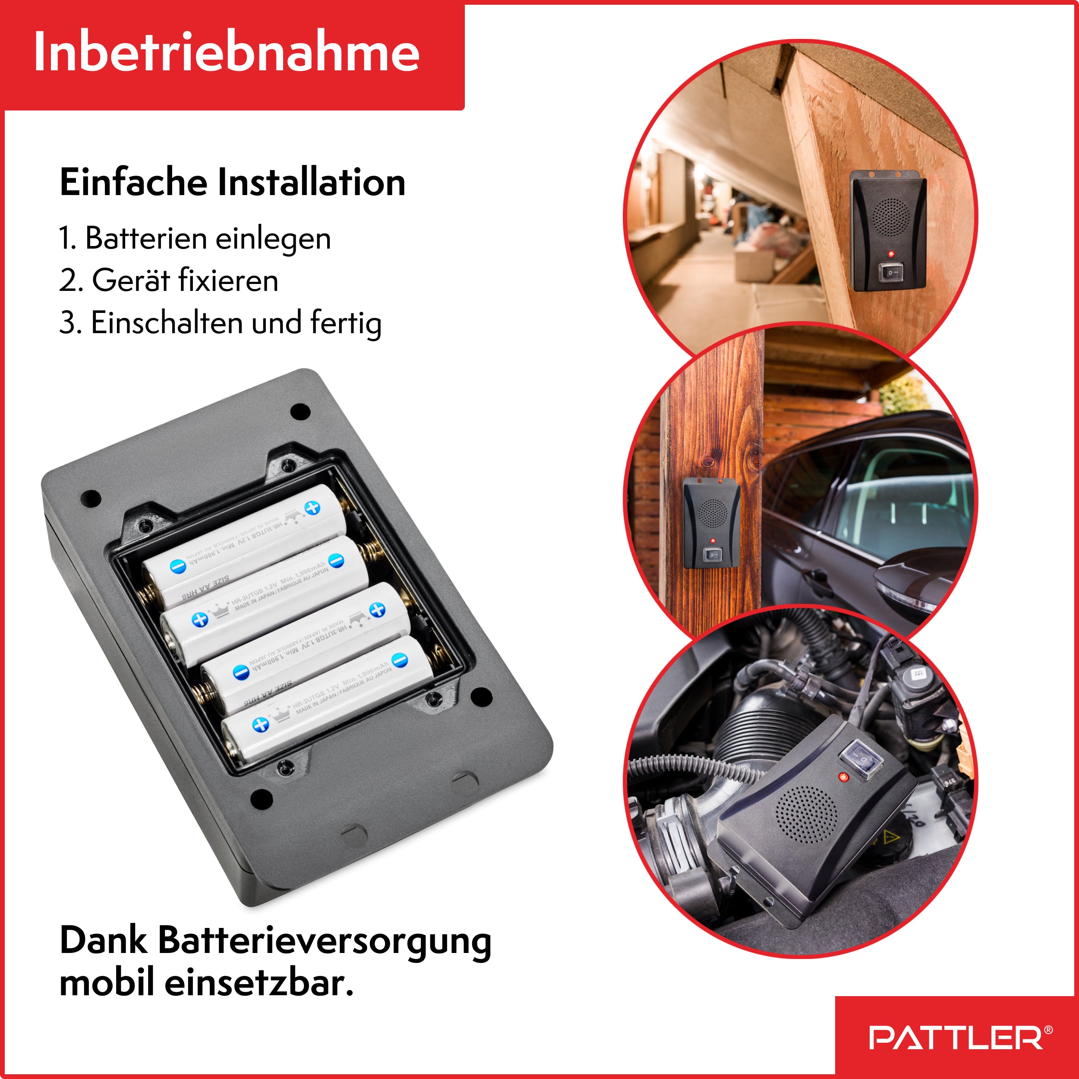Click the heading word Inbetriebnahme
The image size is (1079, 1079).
226,53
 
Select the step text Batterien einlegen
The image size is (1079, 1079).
208,239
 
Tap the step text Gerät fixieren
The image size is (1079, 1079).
185,281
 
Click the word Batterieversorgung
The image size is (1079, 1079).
325,940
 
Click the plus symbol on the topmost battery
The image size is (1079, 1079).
312,507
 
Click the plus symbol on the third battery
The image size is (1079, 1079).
378,610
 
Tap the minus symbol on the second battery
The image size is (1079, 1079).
336,561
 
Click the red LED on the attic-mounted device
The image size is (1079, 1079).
891,254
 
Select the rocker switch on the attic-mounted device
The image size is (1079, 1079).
890,272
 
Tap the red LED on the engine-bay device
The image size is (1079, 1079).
843,777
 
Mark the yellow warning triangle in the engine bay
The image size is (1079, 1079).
889,836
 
